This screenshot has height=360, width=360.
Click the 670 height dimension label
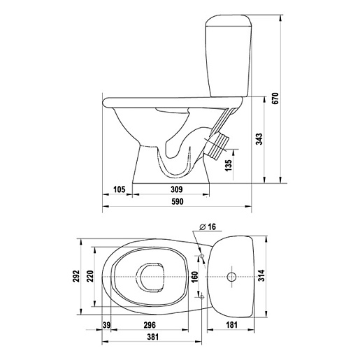point(275,99)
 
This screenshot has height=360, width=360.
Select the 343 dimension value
point(259,139)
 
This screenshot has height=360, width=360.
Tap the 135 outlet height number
point(229,165)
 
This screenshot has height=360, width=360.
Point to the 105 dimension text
point(119,189)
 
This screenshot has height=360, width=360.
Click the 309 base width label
point(177,189)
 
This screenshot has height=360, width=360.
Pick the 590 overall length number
point(178,201)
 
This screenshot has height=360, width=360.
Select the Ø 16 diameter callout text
point(208,226)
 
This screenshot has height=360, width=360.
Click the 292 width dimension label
point(76,276)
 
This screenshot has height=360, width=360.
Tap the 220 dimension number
point(90,276)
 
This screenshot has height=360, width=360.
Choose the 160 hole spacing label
point(194,277)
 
